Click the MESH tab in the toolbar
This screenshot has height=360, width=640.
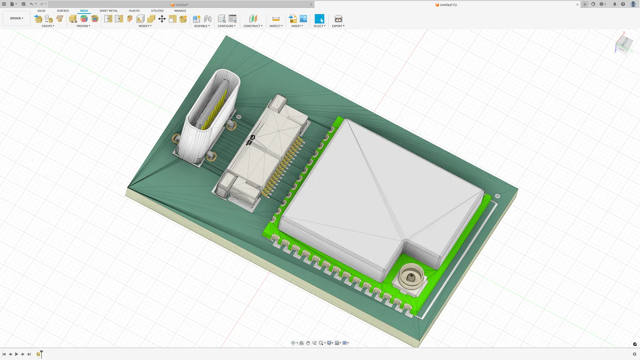[x=84, y=11]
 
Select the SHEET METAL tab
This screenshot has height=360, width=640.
[x=109, y=11]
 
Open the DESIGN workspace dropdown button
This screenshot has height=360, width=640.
[x=17, y=18]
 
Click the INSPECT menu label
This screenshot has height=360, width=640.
[x=276, y=26]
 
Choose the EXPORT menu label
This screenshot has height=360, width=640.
[x=338, y=26]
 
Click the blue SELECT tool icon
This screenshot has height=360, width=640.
[x=319, y=19]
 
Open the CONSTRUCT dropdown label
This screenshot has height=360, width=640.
[x=253, y=26]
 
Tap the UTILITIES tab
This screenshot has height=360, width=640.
[x=157, y=11]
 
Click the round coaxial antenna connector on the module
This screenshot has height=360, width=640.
[x=411, y=277]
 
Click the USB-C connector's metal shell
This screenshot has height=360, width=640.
[x=198, y=141]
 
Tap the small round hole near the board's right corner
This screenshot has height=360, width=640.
[x=498, y=196]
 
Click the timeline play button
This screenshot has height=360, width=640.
[x=16, y=354]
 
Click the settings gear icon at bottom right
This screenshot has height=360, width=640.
[x=634, y=354]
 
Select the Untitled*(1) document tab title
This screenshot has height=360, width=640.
[x=448, y=5]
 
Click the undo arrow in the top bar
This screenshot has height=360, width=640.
[x=32, y=4]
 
